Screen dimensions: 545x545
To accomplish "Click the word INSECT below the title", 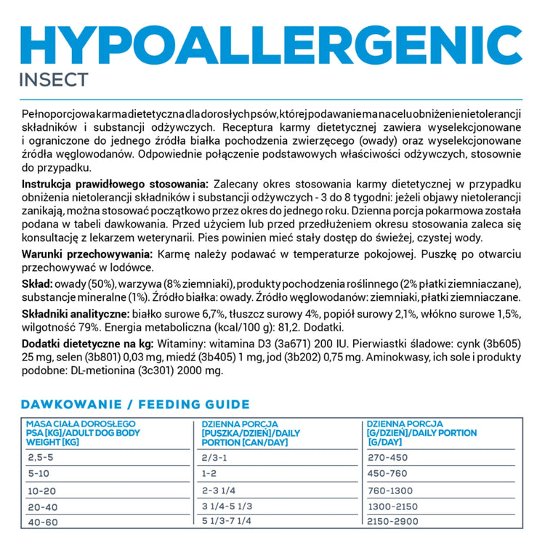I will click(x=54, y=78).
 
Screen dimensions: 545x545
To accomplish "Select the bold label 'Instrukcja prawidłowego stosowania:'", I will click(x=116, y=185).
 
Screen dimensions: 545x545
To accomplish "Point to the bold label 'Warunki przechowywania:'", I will click(x=87, y=254).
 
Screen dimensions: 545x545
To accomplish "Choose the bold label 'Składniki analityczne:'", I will click(x=76, y=313).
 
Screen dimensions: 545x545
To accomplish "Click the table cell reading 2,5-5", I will click(x=40, y=457).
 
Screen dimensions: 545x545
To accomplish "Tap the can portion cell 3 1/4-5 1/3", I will click(x=227, y=505).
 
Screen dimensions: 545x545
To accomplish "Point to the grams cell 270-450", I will click(x=389, y=457).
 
